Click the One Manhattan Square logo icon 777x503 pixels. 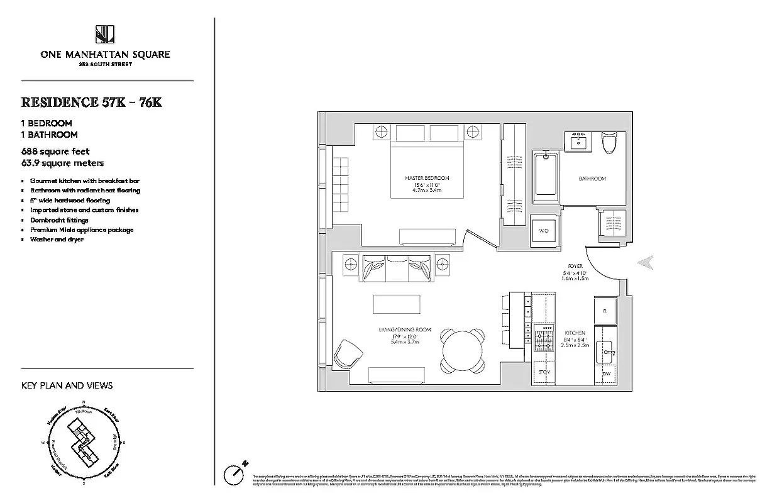coord(104,34)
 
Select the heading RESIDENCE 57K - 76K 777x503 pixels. coord(92,102)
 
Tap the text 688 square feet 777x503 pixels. coord(55,152)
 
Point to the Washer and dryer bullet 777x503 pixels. coord(57,240)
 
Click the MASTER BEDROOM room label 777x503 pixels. coord(427,178)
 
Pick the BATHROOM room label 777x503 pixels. coord(592,179)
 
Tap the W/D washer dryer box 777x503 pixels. coord(543,231)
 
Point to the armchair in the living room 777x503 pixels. coord(347,355)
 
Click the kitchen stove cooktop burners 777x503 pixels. coord(543,340)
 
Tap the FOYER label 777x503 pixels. coord(575,267)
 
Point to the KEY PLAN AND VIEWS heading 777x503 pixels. coord(67,385)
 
